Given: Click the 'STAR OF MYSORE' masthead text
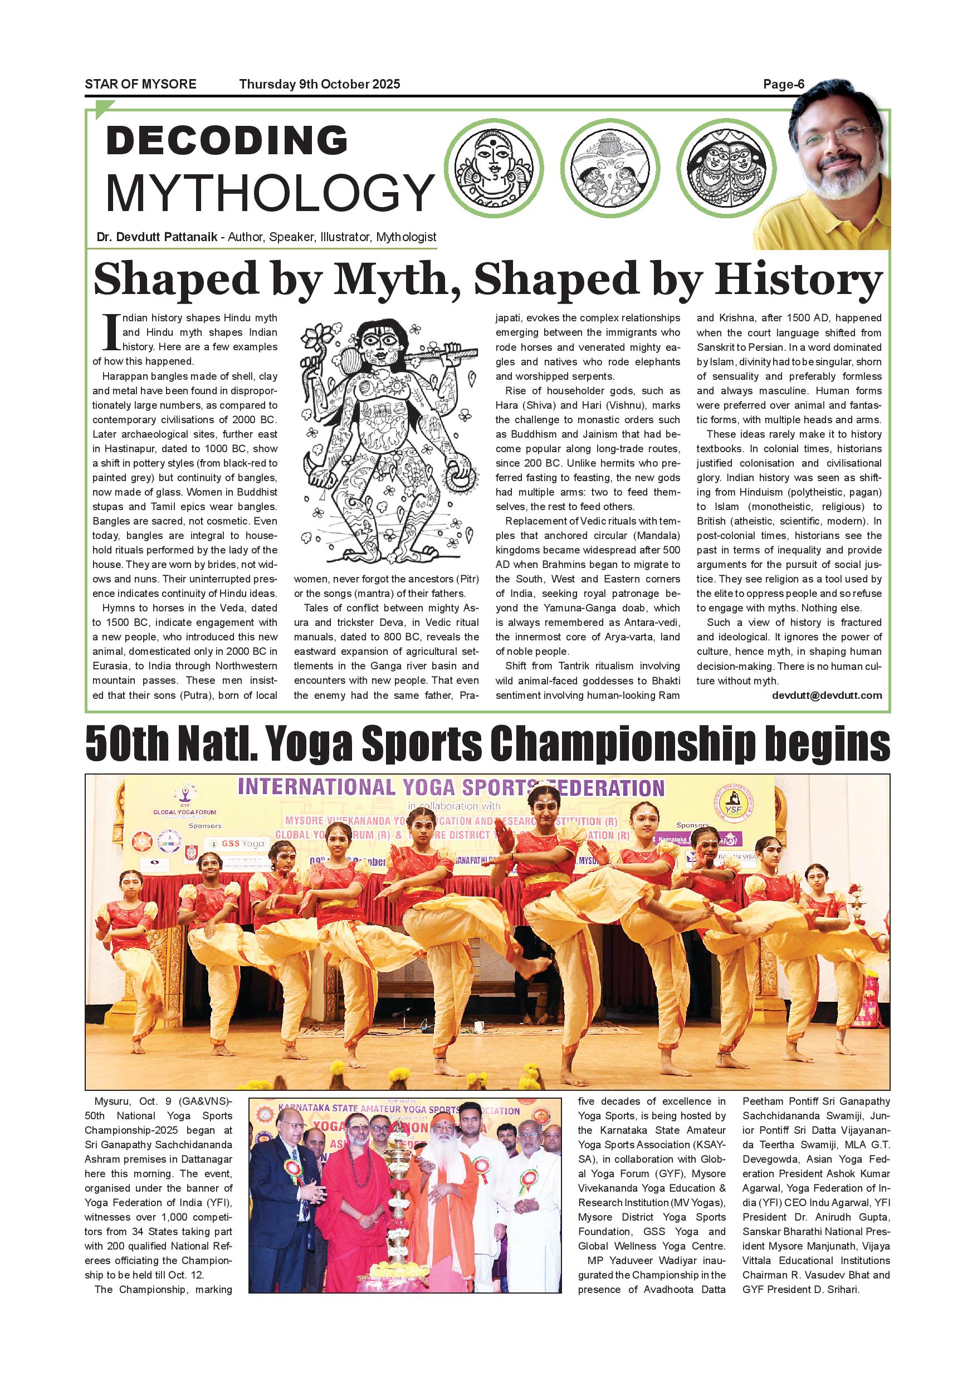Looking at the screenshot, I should point(140,84).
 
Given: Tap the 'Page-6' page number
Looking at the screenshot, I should point(783,84).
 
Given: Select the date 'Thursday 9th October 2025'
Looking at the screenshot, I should point(320,84).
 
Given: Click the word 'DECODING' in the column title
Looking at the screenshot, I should point(227,141).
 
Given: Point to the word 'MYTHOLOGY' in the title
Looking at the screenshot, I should point(270,192).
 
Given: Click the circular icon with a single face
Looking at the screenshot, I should point(494,168).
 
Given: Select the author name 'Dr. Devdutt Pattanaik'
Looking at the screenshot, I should point(157,237).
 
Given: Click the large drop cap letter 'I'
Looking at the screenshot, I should point(111,332).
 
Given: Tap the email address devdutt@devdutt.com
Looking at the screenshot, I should point(827,696).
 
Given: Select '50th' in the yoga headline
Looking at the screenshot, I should point(127,743).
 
